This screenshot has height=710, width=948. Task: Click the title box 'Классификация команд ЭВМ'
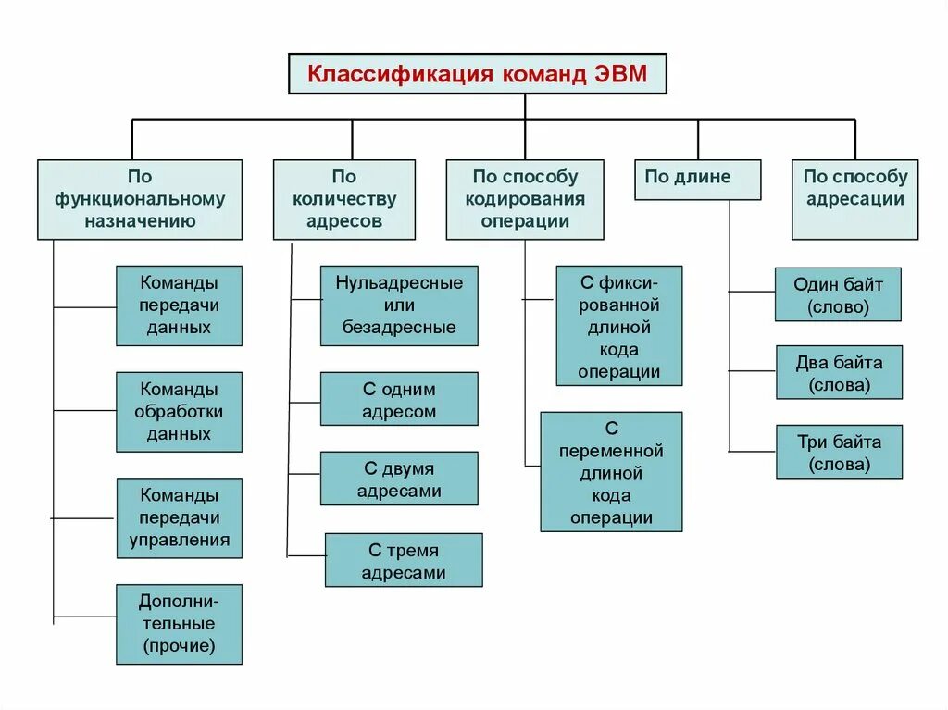pos(477,73)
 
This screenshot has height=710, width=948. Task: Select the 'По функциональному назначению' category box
pos(140,199)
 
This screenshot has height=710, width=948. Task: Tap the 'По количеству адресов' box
pos(344,199)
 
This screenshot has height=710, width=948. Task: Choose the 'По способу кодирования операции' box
pos(525,199)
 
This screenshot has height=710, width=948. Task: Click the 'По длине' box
pos(697,179)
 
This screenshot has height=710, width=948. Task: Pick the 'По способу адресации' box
pos(854,199)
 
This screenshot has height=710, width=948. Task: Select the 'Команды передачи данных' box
pos(179,305)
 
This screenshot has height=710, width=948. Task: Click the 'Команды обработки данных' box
pos(179,412)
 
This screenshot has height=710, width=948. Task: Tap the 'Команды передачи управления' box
pos(179,517)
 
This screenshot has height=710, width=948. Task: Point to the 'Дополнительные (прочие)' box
pos(179,624)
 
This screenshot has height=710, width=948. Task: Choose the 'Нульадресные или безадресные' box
pos(399,305)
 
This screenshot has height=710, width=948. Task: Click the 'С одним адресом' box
pos(399,399)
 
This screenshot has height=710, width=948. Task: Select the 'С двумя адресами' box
pos(399,479)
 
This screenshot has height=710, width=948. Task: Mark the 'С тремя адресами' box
pos(404,560)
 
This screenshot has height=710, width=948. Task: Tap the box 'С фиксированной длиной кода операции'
pos(619,326)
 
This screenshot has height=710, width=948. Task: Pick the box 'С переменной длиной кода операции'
pos(611,472)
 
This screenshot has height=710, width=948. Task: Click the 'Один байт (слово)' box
pos(838,294)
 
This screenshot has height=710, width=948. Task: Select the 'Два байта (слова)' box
pos(839,373)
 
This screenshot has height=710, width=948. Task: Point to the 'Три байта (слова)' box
pos(839,452)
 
